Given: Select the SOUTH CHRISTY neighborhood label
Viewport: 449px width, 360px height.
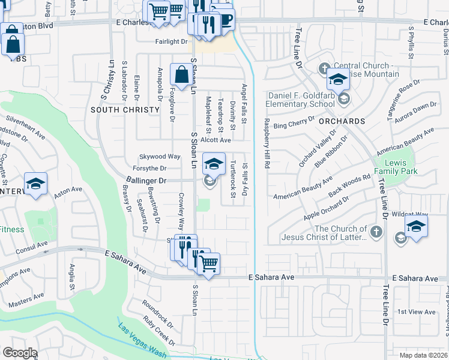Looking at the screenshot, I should pos(125,110).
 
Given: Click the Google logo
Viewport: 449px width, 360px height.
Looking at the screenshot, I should pos(19,353).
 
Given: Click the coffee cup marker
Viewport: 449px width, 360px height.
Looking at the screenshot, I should pos(224,19).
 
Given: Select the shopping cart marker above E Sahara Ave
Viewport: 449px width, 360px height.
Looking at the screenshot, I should pos(208,263).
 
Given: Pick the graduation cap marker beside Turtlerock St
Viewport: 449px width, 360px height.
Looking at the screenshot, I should pos(214,164).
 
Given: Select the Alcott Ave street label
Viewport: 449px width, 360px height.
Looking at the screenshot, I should pos(215,140).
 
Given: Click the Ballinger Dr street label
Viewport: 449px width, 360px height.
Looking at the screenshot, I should pos(146,179).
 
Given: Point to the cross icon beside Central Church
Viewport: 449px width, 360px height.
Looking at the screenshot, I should pos(324,67).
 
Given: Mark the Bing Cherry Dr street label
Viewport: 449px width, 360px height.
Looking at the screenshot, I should pos(294,124).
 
